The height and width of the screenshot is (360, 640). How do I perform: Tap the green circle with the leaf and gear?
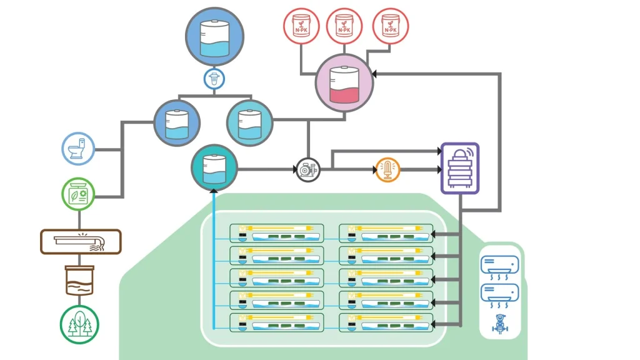79,194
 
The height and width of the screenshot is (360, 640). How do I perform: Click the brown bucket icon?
79,279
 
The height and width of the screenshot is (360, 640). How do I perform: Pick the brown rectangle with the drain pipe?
81,241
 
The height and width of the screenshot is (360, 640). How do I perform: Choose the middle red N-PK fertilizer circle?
344,26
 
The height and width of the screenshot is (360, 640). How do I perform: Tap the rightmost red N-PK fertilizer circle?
390,26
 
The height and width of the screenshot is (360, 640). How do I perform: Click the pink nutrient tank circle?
344,82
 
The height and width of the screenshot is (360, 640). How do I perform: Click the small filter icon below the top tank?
214,79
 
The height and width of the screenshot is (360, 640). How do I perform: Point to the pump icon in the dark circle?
307,169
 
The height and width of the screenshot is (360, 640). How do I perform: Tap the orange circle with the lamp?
387,169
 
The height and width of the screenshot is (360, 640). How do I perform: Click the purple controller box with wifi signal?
460,167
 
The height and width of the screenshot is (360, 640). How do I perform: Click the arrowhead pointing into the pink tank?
373,74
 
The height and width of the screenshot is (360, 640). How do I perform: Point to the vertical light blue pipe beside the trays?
214,262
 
